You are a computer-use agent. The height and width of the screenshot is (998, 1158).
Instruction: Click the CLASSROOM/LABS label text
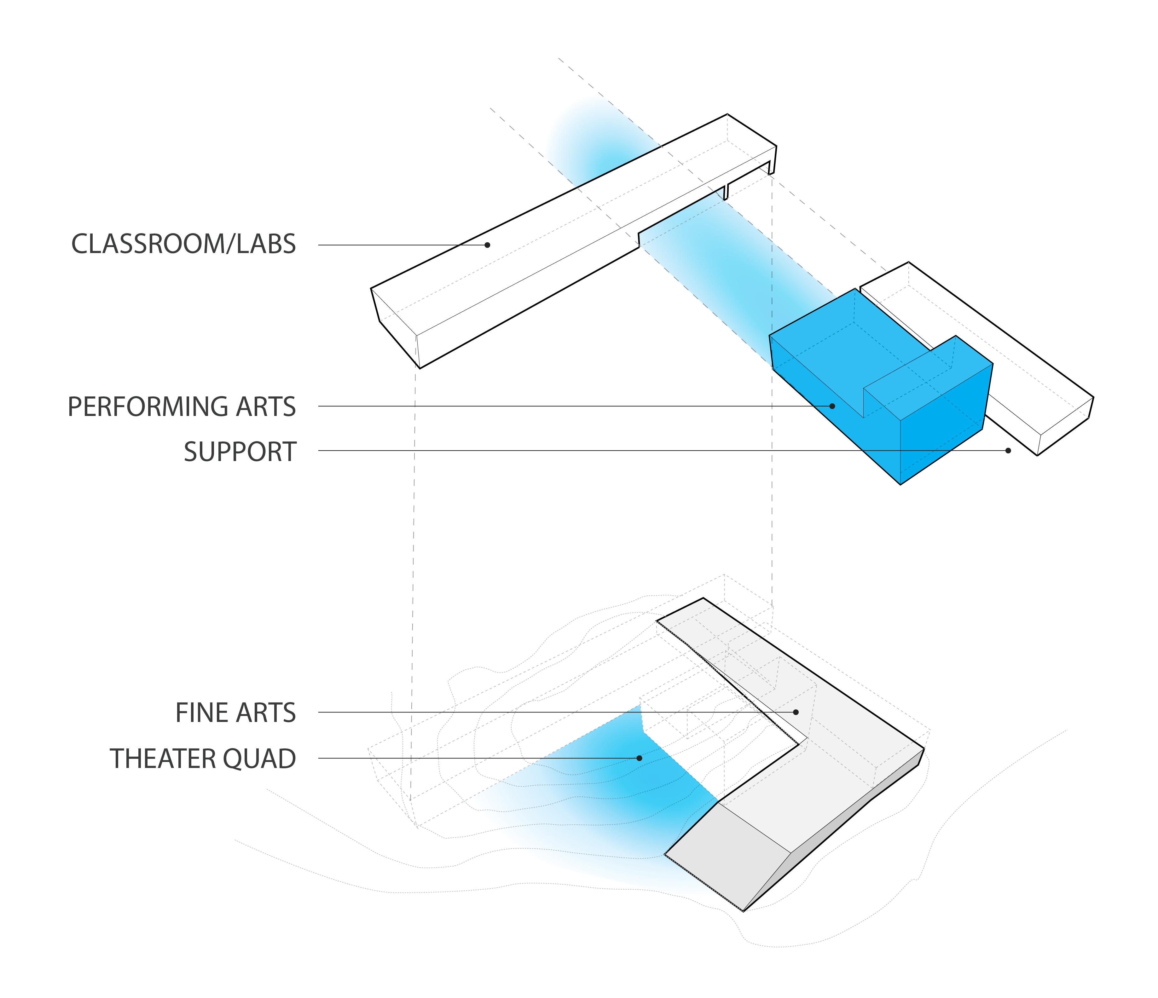click(x=184, y=244)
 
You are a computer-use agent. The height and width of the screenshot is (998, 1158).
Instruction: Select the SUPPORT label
click(x=240, y=452)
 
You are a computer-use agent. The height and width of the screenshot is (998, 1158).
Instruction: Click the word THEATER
click(x=163, y=758)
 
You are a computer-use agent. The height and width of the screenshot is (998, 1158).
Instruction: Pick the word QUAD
click(x=260, y=758)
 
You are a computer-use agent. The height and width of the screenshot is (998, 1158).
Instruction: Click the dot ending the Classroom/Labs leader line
click(x=487, y=245)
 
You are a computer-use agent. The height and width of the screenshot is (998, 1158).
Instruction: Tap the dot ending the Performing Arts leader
click(x=832, y=406)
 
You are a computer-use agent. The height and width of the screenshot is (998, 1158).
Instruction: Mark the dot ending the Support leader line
click(x=1008, y=450)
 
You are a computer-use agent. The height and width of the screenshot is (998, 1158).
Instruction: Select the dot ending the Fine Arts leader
click(x=796, y=712)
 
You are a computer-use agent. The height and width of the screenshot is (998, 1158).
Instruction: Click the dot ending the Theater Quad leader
click(x=640, y=758)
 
